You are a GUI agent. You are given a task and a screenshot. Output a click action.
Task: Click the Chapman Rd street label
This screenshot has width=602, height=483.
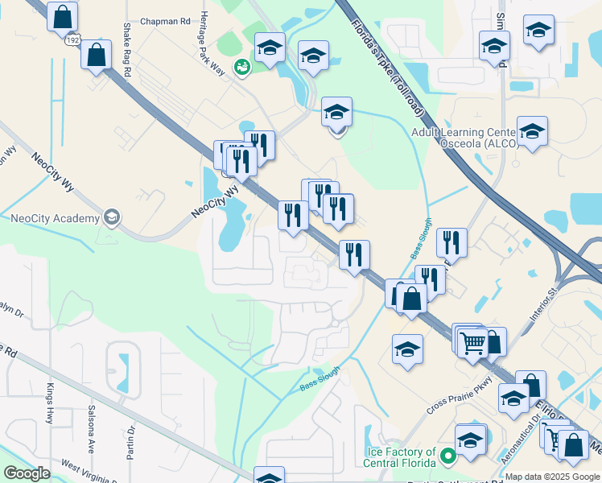click(x=164, y=22)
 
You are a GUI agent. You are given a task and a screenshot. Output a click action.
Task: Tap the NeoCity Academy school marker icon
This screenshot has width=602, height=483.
click(x=112, y=217)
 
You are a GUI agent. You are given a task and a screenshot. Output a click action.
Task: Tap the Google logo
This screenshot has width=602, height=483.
click(x=27, y=473)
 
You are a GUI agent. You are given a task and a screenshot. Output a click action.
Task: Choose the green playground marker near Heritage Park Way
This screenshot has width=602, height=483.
click(x=241, y=68)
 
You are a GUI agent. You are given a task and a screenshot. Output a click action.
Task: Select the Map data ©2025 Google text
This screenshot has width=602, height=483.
click(x=552, y=477)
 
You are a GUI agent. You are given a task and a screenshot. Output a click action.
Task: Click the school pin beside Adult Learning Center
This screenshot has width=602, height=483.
click(x=532, y=130)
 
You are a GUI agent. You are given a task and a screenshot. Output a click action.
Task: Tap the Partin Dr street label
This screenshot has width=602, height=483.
click(x=129, y=444)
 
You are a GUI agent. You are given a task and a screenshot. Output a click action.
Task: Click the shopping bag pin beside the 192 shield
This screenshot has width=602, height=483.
click(x=96, y=55)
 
